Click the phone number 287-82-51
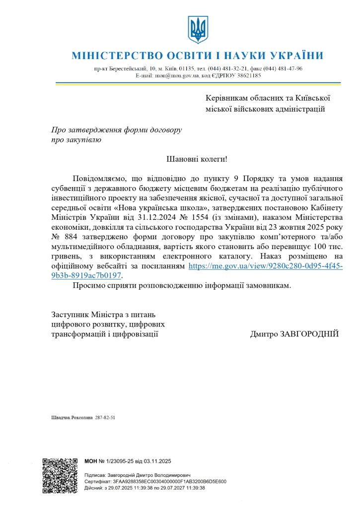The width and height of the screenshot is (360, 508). click(105, 418)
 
